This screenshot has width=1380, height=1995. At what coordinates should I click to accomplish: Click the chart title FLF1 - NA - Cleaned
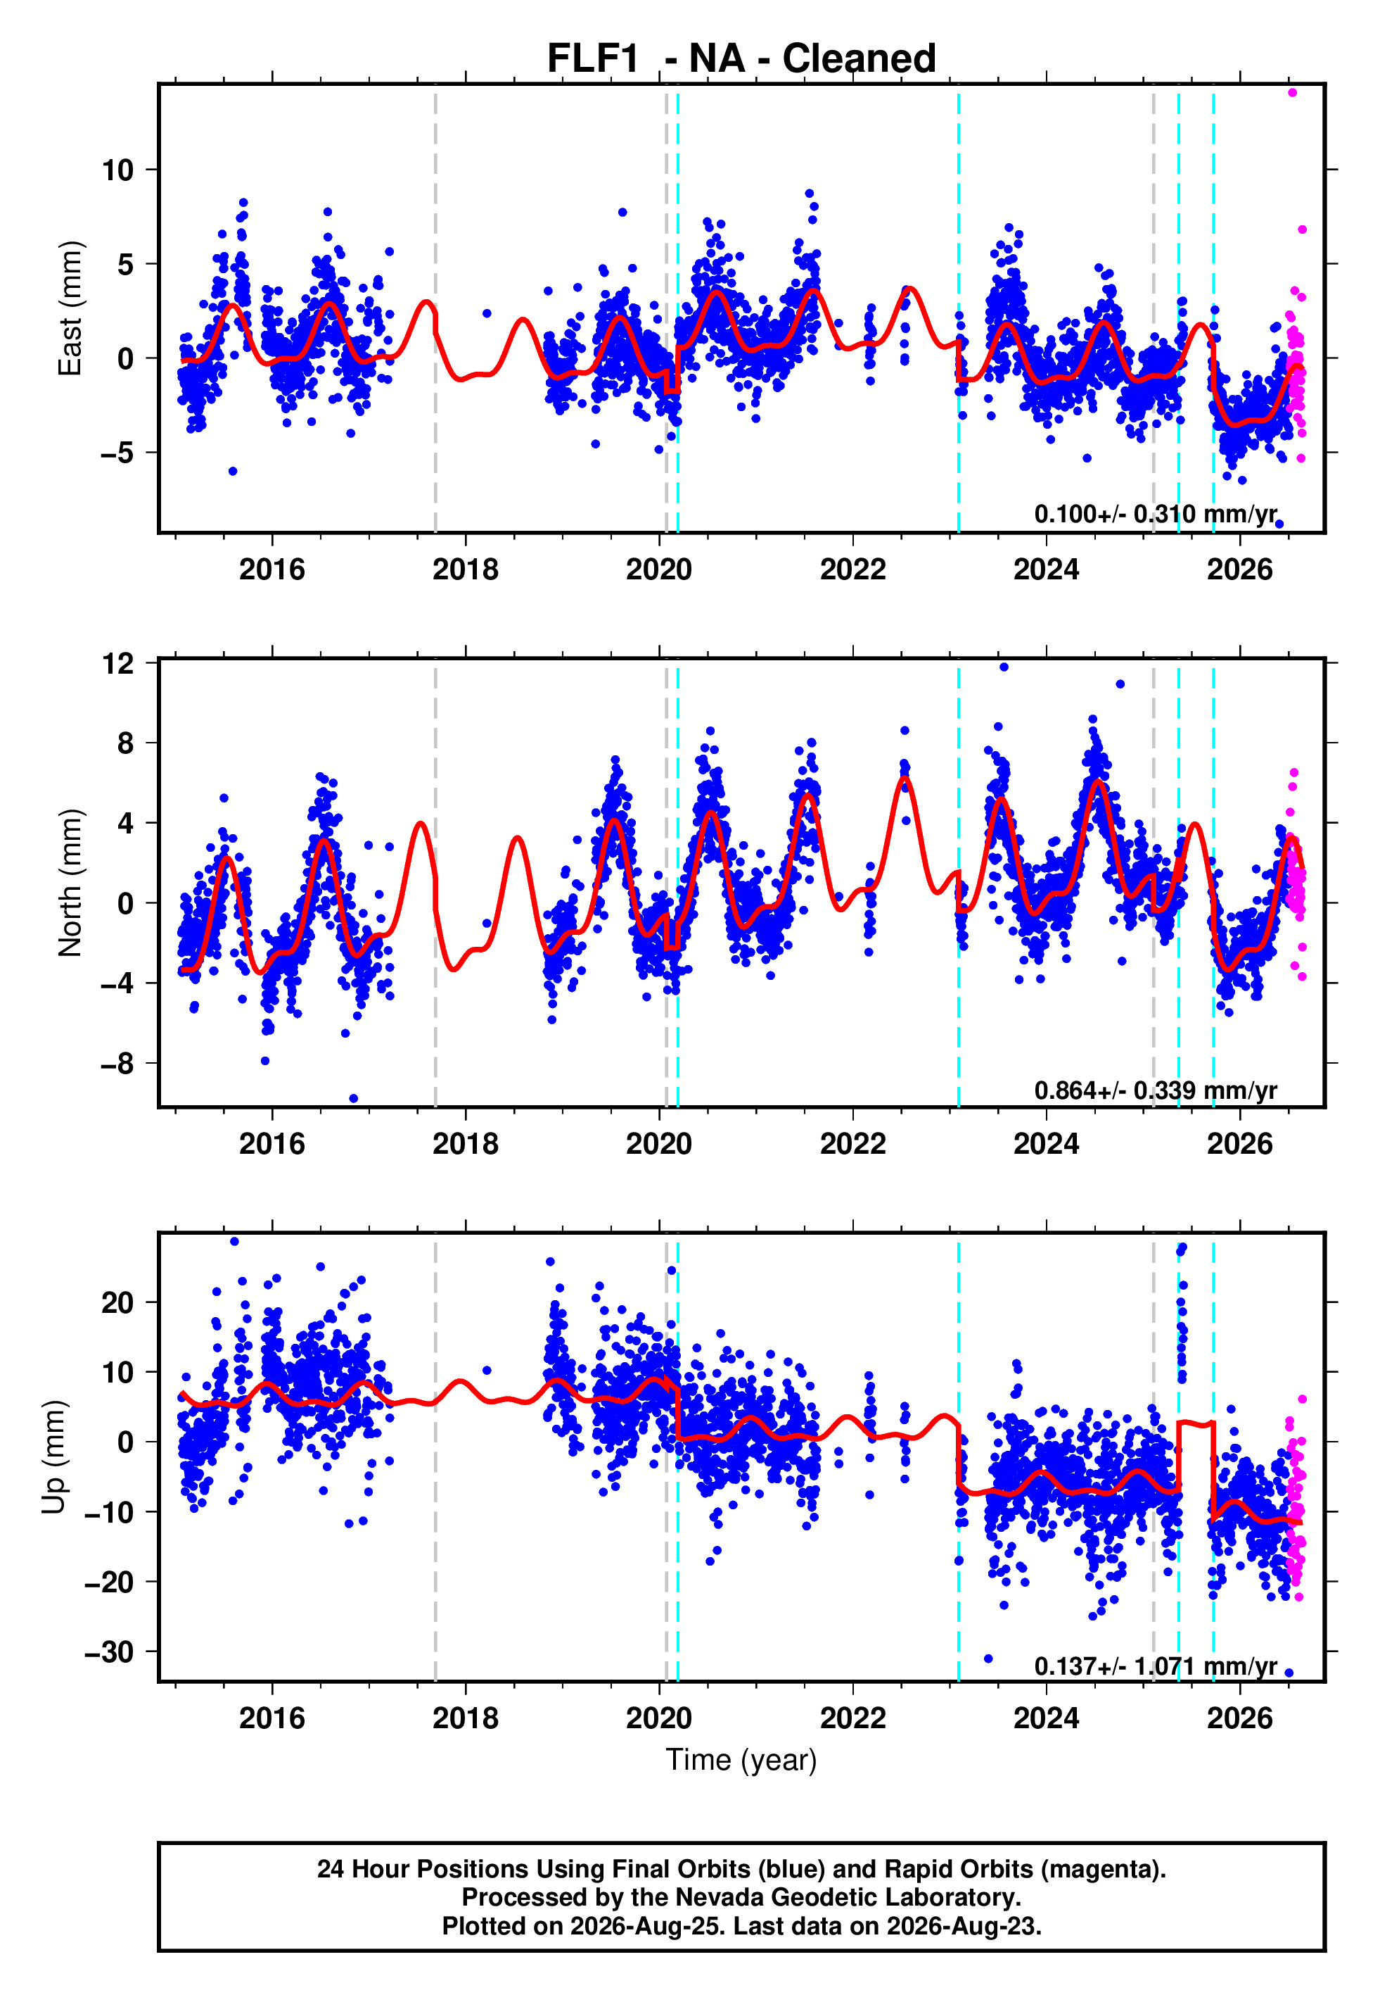click(741, 59)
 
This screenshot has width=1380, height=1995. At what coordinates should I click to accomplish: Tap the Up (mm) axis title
click(53, 1457)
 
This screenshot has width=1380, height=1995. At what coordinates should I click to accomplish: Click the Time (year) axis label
click(741, 1761)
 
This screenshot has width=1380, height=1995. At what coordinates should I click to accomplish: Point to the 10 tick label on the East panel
click(117, 170)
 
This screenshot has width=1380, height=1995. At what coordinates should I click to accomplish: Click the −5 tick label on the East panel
click(117, 453)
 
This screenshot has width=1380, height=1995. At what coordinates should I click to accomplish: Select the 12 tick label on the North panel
click(117, 664)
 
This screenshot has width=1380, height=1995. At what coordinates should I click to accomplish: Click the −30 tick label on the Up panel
click(109, 1652)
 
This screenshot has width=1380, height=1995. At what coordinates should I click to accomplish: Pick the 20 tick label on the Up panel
click(117, 1303)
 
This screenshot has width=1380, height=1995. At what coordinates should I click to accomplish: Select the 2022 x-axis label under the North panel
click(852, 1144)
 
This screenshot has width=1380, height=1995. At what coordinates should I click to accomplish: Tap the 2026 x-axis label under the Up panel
click(1240, 1718)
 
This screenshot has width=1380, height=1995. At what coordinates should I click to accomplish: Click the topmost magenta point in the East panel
click(1292, 92)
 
